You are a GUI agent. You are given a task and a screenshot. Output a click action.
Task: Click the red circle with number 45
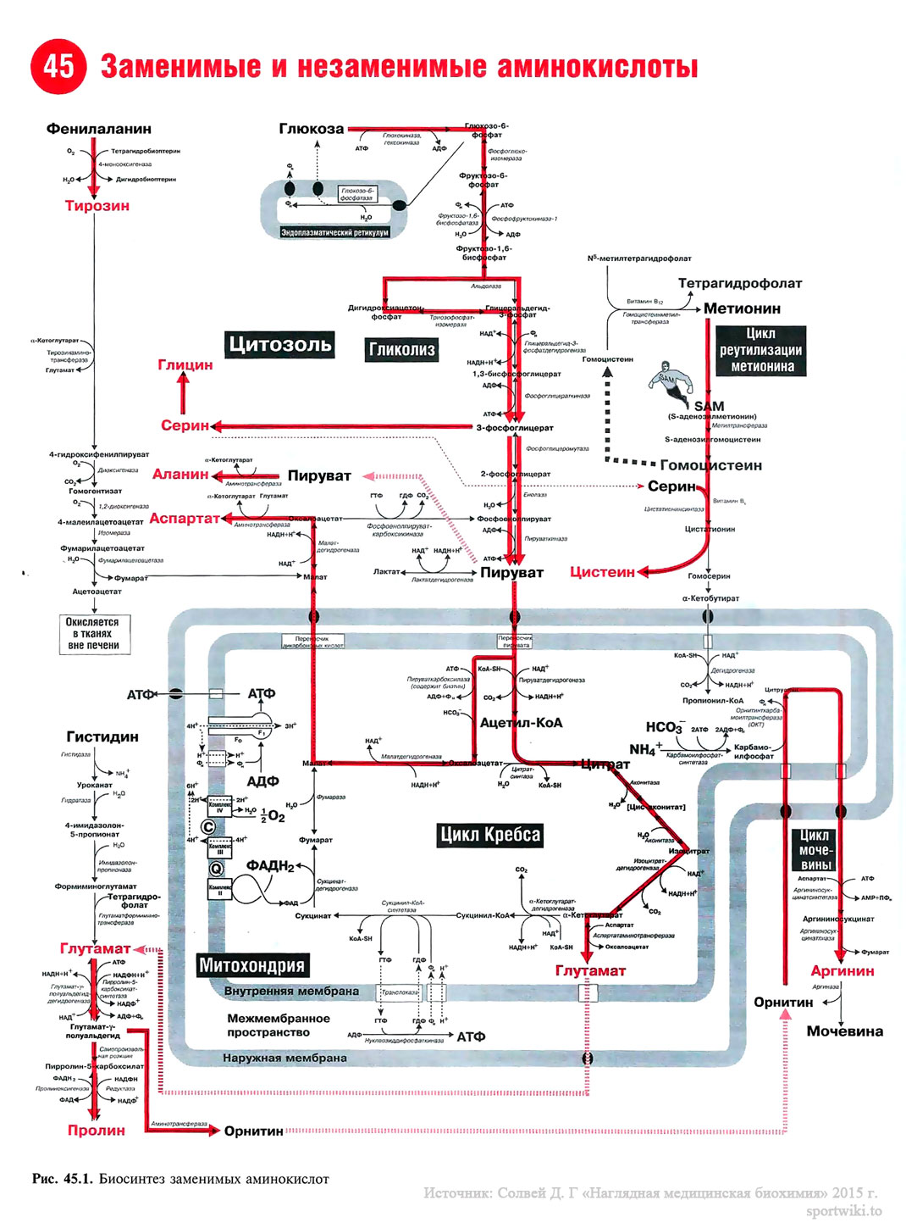(58, 66)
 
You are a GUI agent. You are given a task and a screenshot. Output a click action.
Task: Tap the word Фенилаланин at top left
(99, 129)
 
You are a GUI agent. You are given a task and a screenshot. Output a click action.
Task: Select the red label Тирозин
(97, 206)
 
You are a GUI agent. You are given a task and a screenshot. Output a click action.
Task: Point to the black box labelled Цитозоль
(279, 344)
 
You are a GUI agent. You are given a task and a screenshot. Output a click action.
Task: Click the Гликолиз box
(401, 349)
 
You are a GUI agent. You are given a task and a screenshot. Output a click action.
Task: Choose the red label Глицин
(185, 365)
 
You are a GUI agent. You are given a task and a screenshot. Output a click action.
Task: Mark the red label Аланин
(180, 475)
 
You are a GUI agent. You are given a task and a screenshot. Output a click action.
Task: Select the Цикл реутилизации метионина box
(761, 350)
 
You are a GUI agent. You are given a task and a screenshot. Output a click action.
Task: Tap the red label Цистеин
(602, 572)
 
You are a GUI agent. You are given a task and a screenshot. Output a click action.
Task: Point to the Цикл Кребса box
(489, 835)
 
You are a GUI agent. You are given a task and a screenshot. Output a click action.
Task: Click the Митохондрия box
(251, 965)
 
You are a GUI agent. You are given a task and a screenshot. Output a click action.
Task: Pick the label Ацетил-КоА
(521, 723)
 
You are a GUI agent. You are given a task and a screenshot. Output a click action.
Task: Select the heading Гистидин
(102, 737)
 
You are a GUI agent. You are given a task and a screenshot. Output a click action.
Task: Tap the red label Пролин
(97, 1131)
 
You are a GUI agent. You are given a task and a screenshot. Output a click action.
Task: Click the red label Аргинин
(842, 971)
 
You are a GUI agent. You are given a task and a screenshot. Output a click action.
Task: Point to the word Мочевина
(844, 1031)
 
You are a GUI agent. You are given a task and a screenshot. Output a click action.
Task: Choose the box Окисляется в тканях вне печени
(93, 634)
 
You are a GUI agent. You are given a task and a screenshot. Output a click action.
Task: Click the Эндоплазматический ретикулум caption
(334, 232)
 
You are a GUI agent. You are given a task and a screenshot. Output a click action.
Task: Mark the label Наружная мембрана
(285, 1058)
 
